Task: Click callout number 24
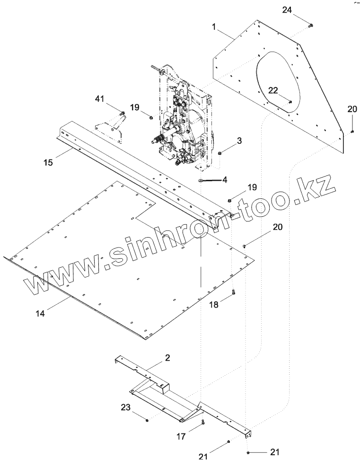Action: (x=287, y=10)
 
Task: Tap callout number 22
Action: (x=273, y=90)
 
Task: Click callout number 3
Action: (x=239, y=140)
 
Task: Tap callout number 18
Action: (x=214, y=305)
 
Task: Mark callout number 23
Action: (x=125, y=407)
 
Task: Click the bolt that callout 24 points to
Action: (x=310, y=26)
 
